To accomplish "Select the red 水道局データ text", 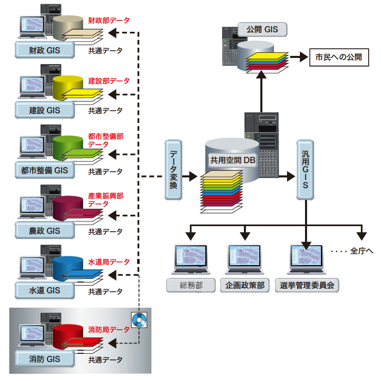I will point(108,262).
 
